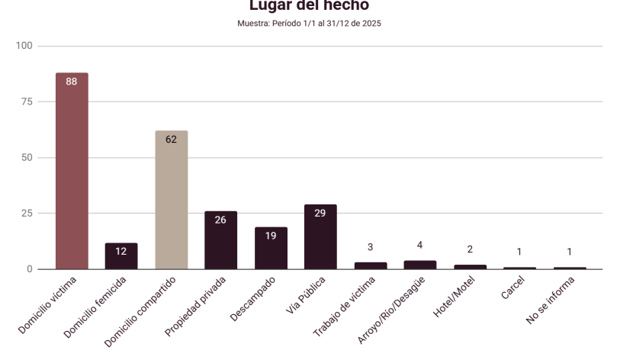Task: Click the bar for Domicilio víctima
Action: (x=72, y=172)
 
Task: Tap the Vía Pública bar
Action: (x=320, y=237)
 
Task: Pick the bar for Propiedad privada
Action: (x=220, y=240)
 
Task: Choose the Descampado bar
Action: (x=271, y=249)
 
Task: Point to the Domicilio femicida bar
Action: (x=121, y=256)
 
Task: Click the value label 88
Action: (x=72, y=82)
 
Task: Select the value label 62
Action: (x=171, y=140)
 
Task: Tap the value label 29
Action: (x=320, y=214)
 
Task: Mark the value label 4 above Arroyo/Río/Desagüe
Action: (x=419, y=244)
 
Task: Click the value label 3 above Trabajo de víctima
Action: (x=370, y=247)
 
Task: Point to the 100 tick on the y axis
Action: (x=25, y=46)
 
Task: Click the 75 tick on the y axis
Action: (x=27, y=101)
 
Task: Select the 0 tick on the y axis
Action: (x=31, y=269)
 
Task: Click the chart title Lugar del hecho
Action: (x=309, y=6)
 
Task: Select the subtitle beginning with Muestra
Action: (x=309, y=24)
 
